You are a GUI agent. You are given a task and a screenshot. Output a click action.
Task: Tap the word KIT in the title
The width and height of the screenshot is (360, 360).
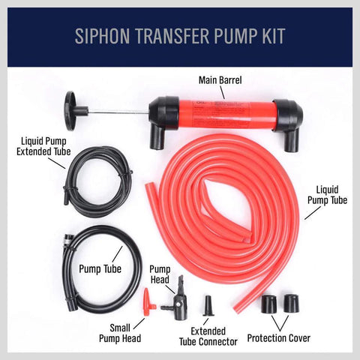coord(271,37)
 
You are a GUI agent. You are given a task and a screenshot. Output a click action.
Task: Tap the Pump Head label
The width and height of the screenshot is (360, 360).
coord(160,274)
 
